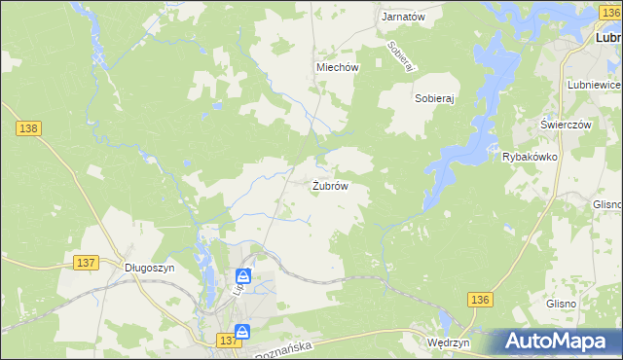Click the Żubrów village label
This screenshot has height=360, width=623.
330,186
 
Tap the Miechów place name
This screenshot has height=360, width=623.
338,67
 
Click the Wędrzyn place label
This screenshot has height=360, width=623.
449,343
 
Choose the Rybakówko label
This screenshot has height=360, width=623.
529,157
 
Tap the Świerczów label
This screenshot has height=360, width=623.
567,125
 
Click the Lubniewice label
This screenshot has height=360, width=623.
593,85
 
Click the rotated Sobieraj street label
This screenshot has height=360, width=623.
401,56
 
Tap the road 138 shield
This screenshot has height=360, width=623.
27,127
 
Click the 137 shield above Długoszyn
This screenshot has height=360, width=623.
86,263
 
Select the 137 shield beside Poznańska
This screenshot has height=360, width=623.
228,340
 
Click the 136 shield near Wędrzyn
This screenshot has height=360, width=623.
479,301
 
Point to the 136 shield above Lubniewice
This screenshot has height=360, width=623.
609,10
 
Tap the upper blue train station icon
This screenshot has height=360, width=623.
243,277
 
